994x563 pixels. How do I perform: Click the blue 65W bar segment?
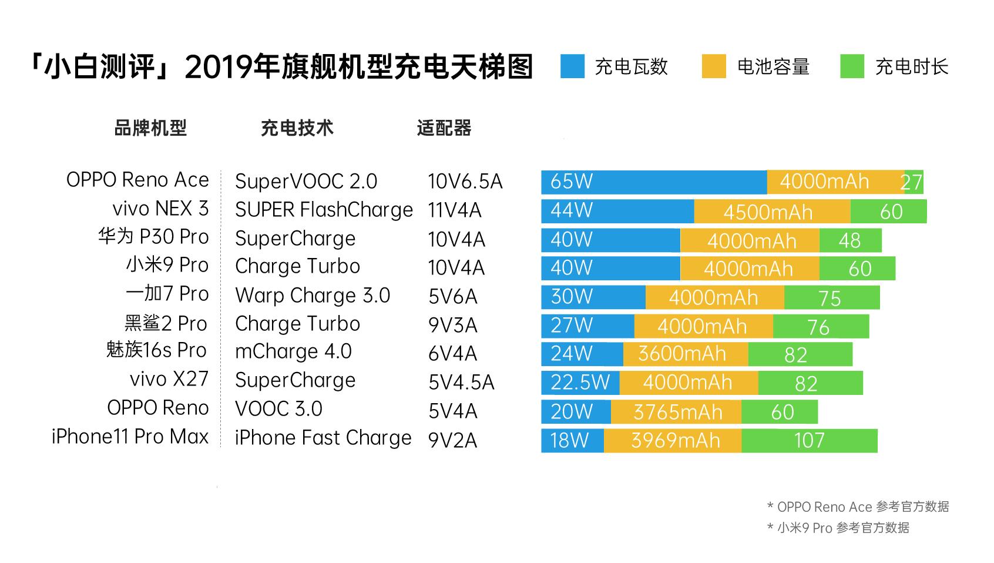(653, 182)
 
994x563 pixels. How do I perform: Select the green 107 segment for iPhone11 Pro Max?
(809, 441)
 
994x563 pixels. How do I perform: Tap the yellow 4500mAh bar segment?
(771, 212)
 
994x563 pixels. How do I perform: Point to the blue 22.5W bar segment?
(580, 383)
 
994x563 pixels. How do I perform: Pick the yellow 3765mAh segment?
(676, 412)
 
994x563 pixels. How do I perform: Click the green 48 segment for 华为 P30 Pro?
(850, 240)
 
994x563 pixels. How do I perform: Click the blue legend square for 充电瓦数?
(572, 66)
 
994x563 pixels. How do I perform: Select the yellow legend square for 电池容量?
(714, 66)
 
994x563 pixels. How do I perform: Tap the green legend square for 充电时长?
(852, 66)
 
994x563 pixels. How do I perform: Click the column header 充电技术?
(297, 128)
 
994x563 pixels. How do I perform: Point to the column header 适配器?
(444, 128)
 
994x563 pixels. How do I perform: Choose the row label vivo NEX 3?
(160, 209)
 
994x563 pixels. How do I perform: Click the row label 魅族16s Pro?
(157, 350)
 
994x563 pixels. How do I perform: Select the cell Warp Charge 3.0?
(313, 296)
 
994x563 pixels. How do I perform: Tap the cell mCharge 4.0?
(293, 351)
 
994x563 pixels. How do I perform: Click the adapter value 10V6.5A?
(465, 182)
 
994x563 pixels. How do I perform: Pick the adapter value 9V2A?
(452, 440)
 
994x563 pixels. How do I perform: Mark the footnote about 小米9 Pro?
(838, 528)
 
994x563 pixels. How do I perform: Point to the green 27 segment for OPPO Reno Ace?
(914, 182)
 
